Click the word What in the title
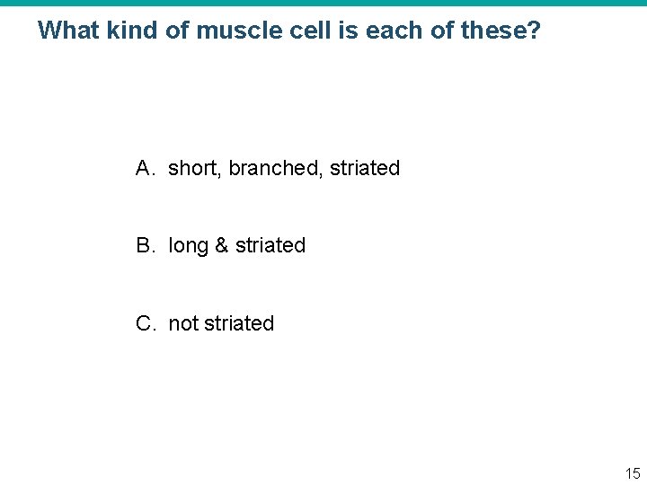click(x=68, y=31)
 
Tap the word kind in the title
click(x=133, y=31)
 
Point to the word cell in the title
click(x=298, y=31)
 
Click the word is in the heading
click(x=336, y=31)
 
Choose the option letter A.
click(x=145, y=168)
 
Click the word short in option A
click(x=192, y=168)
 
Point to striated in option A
click(x=365, y=168)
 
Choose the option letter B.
click(x=145, y=245)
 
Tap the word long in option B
click(x=188, y=246)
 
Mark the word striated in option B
click(x=270, y=245)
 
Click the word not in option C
click(x=183, y=323)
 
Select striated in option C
click(x=239, y=323)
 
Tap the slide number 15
click(x=633, y=473)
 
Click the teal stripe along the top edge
click(x=323, y=3)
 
